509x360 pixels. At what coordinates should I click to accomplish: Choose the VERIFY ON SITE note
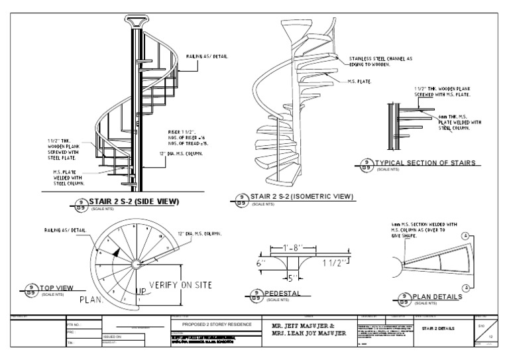click(x=180, y=284)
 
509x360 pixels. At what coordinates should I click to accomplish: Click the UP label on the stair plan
click(x=142, y=291)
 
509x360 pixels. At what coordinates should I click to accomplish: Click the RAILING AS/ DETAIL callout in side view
click(x=207, y=56)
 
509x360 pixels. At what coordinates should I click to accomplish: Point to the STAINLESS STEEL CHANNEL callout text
click(x=380, y=61)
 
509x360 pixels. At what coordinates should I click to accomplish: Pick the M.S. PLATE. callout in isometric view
click(x=359, y=82)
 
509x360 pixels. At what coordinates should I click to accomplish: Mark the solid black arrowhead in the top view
click(x=116, y=251)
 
